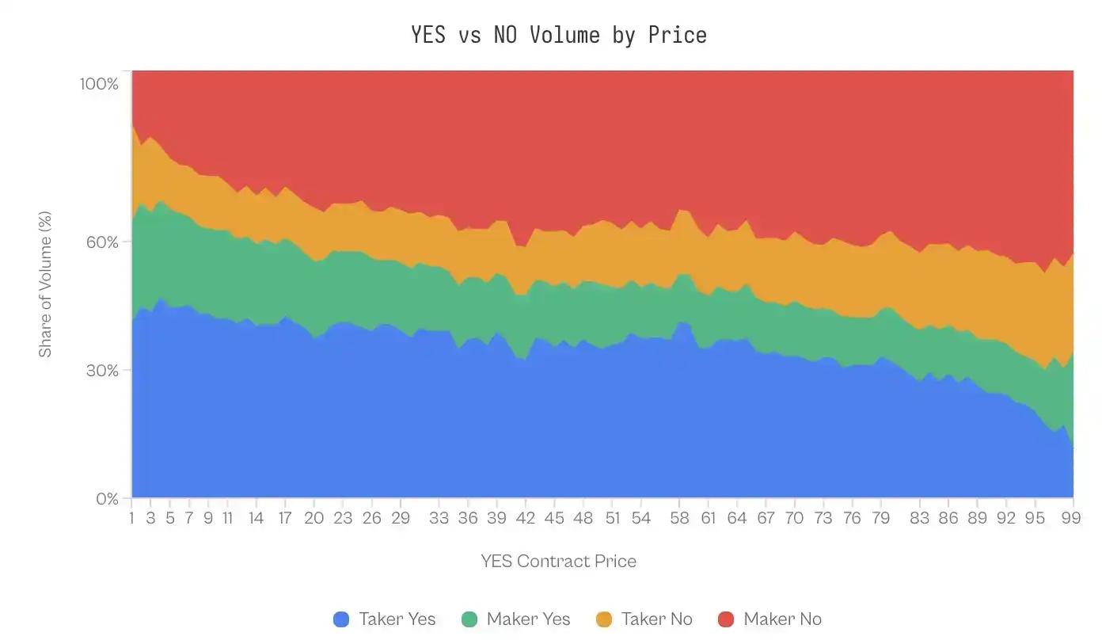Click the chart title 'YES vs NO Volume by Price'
tap(558, 35)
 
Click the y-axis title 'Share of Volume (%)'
tap(45, 284)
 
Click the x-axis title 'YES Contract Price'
tap(558, 562)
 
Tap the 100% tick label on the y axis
tap(99, 83)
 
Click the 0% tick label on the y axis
tap(107, 499)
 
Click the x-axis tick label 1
tap(131, 518)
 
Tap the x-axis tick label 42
tap(526, 518)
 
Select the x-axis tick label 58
tap(679, 518)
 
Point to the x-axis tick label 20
tap(314, 518)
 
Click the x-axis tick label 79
tap(880, 518)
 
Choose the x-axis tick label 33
tap(439, 518)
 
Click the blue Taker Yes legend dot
tap(341, 619)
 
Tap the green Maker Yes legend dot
tap(469, 619)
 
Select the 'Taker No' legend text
tap(656, 619)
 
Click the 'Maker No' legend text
tap(782, 619)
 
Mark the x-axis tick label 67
tap(766, 518)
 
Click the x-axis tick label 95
tap(1035, 518)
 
